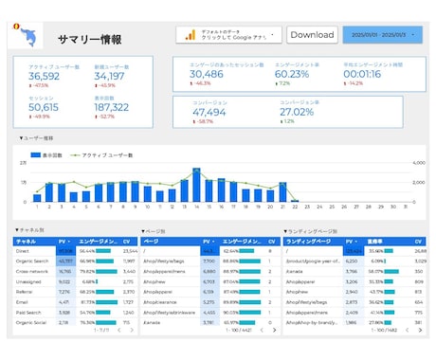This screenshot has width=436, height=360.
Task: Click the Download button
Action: click(312, 35)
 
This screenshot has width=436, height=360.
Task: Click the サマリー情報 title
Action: click(90, 40)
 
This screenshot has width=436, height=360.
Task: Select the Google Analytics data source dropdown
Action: click(228, 35)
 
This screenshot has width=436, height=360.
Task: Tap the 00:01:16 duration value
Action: click(362, 73)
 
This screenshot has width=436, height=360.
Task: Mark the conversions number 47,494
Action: click(209, 112)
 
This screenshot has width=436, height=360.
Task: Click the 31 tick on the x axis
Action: click(405, 205)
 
